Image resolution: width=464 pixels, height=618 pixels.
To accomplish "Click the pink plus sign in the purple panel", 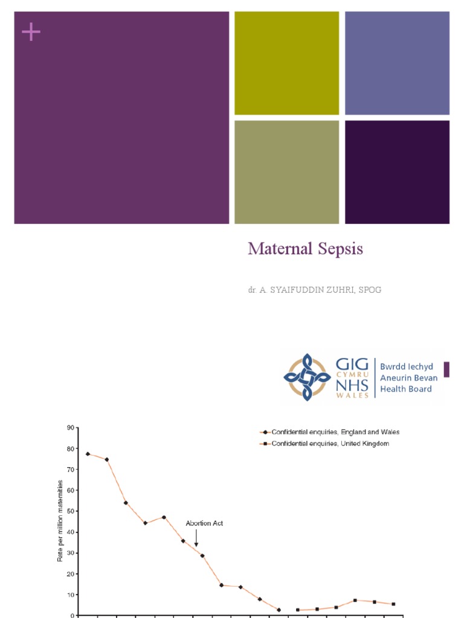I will click(31, 33).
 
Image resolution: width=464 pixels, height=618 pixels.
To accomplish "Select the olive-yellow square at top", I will click(286, 63).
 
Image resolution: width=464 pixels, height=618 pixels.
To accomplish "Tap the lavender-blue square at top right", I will click(397, 63).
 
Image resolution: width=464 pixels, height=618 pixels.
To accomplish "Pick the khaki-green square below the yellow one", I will click(286, 172).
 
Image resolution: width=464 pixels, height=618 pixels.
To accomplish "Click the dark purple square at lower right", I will click(397, 172).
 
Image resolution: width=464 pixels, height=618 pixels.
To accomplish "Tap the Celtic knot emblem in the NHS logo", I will click(307, 378).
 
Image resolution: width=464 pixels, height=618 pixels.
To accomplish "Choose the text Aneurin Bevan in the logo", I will click(408, 378).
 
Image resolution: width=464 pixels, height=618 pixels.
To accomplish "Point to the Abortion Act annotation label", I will click(204, 523).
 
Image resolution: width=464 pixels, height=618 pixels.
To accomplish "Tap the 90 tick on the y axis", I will click(70, 428).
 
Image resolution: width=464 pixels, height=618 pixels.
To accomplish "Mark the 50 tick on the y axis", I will click(70, 511).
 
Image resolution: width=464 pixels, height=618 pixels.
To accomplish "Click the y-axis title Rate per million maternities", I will click(60, 520).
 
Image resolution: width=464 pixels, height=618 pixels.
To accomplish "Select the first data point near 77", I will click(88, 453).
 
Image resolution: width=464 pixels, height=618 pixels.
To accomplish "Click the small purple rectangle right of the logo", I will click(446, 369).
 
